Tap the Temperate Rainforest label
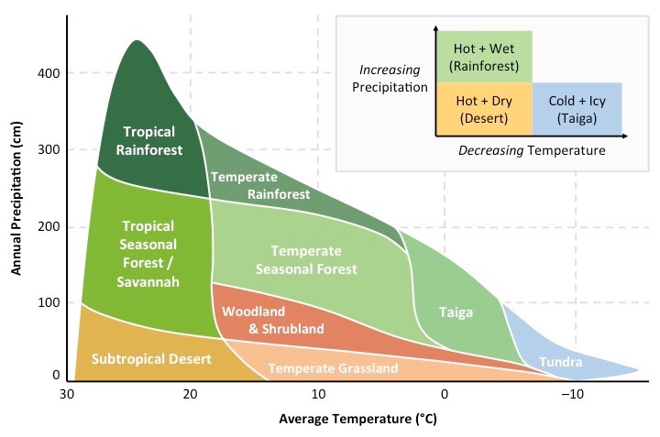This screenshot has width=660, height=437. click(260, 185)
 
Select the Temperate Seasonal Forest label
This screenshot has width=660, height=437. click(306, 259)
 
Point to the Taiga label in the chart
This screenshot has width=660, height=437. click(456, 312)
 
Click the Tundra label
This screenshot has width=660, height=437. click(560, 363)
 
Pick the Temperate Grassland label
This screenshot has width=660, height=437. click(333, 368)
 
